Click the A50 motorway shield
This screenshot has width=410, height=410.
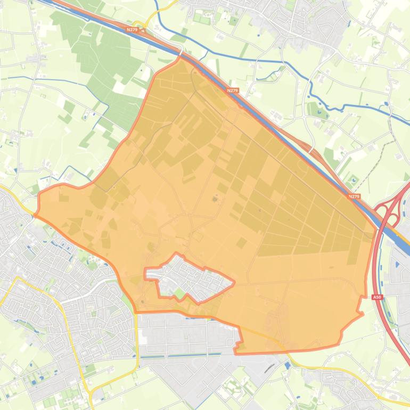click(x=377, y=297)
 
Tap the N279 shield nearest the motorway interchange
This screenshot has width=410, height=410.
click(x=354, y=196)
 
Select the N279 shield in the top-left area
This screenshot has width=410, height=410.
click(x=133, y=30)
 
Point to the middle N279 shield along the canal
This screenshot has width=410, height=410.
click(x=232, y=91)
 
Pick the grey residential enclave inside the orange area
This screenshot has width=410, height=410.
click(x=192, y=277)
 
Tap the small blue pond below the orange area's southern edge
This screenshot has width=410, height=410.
click(x=288, y=365)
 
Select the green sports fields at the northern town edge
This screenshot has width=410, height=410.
click(x=202, y=19)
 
